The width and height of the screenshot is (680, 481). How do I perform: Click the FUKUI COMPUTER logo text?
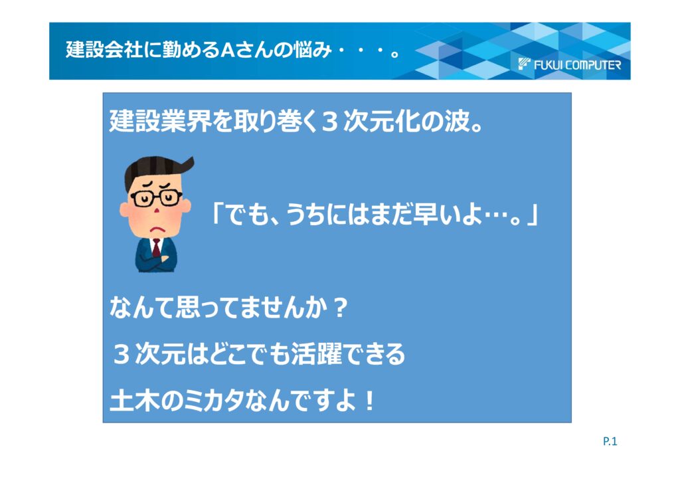pyautogui.click(x=577, y=65)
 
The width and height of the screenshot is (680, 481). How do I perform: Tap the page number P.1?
pyautogui.click(x=610, y=441)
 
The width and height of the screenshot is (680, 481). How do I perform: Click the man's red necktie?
pyautogui.click(x=156, y=248)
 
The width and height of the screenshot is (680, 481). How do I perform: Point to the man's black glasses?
pyautogui.click(x=156, y=198)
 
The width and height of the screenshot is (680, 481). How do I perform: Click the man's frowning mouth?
pyautogui.click(x=157, y=228)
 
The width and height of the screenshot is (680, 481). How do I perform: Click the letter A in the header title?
pyautogui.click(x=228, y=50)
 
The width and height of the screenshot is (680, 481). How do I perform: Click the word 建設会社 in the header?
pyautogui.click(x=104, y=50)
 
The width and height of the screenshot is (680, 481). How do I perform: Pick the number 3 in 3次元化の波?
pyautogui.click(x=329, y=122)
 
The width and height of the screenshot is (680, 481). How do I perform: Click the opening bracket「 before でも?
pyautogui.click(x=216, y=213)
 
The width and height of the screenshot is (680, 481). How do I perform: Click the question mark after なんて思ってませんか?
pyautogui.click(x=341, y=308)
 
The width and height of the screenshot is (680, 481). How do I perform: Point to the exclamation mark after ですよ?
pyautogui.click(x=369, y=401)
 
